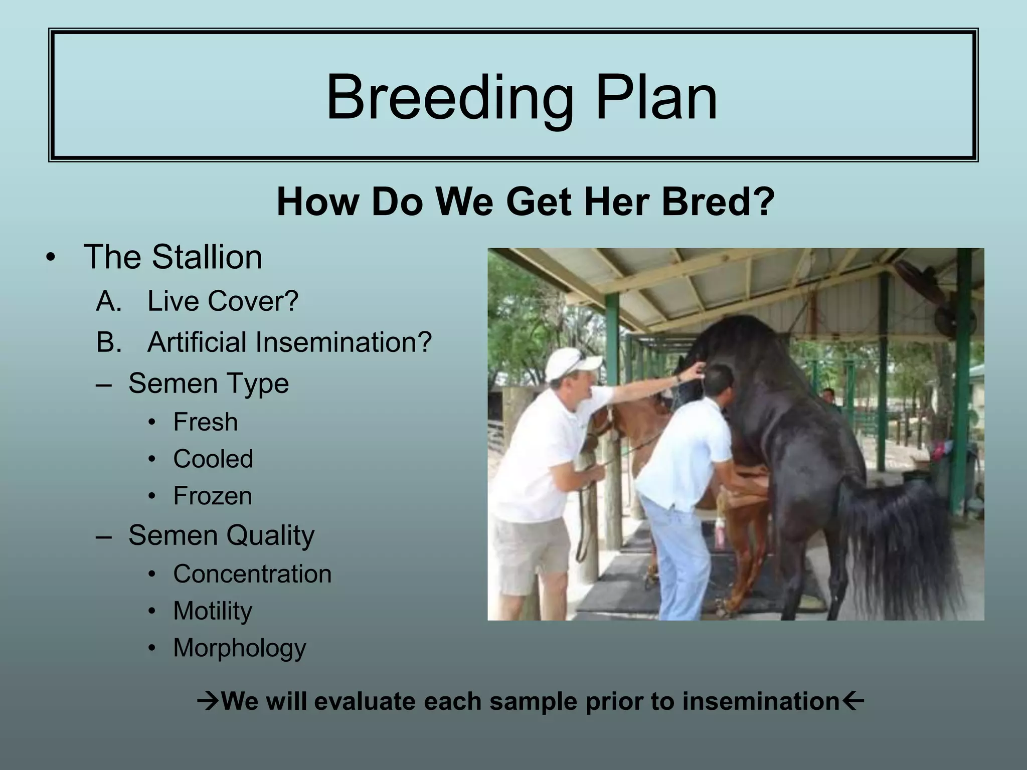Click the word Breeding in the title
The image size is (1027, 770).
click(x=450, y=98)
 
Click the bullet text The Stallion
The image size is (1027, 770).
click(x=173, y=257)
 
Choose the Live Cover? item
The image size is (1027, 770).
click(x=223, y=301)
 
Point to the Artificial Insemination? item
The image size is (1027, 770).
click(x=289, y=342)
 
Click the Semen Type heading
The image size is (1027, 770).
click(x=209, y=383)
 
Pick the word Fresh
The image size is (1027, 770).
click(x=205, y=422)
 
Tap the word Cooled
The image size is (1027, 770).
click(x=213, y=459)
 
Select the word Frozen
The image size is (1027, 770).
click(x=213, y=496)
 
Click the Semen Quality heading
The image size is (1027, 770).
click(x=221, y=535)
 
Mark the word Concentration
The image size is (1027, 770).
click(x=252, y=573)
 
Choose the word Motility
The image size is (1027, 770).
click(x=213, y=611)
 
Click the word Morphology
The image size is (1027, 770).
click(x=240, y=648)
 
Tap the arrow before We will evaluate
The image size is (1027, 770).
click(x=208, y=701)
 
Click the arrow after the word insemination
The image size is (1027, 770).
click(x=852, y=700)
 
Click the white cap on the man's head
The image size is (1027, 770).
click(x=572, y=363)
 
